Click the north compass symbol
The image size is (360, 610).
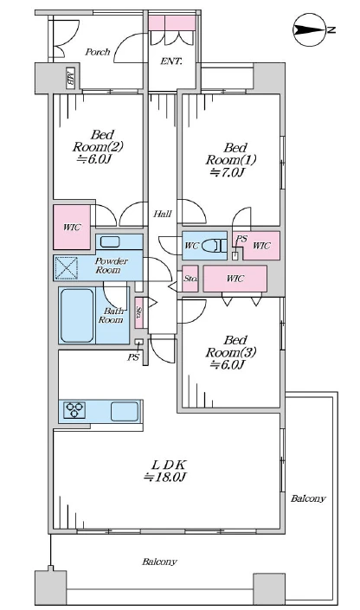coord(310,29)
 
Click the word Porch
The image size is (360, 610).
coord(97,52)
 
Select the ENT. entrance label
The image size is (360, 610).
coord(171,61)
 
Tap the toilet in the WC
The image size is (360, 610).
coord(214,246)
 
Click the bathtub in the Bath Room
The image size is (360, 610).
coord(77,315)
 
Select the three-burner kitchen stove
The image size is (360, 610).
coord(74,410)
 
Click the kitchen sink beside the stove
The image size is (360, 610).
coord(125,411)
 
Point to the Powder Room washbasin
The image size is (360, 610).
coord(112,242)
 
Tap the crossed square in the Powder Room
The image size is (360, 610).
coord(66,267)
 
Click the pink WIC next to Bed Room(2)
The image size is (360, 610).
coord(72,228)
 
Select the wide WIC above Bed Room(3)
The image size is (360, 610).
coord(235,279)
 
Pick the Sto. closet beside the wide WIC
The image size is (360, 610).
coord(190,279)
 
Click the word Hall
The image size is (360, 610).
coord(163,214)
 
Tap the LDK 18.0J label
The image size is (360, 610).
coord(166,471)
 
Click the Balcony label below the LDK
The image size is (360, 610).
coord(159,562)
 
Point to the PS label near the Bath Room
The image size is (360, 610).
coord(133,357)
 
